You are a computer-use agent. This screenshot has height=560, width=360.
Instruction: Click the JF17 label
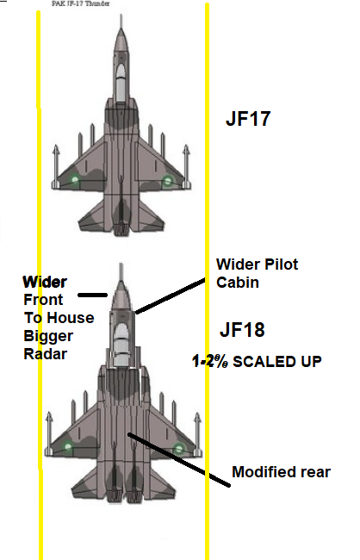click(248, 118)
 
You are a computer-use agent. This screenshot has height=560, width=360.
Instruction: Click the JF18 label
click(242, 329)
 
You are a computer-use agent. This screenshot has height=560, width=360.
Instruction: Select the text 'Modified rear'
click(281, 472)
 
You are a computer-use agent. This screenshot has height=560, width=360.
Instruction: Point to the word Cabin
click(238, 282)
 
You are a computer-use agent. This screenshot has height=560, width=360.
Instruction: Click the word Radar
click(46, 354)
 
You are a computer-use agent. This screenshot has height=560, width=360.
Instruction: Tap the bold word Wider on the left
click(45, 282)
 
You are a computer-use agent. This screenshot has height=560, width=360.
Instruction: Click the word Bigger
click(48, 336)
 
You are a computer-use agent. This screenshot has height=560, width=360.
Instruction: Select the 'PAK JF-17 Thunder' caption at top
click(81, 3)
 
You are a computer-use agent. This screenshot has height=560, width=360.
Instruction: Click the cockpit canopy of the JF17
click(121, 82)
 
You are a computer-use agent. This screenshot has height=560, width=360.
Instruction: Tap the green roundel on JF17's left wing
click(74, 180)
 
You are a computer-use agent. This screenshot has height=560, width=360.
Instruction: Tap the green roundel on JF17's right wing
click(167, 181)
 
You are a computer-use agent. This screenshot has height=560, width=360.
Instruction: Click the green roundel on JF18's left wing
click(68, 446)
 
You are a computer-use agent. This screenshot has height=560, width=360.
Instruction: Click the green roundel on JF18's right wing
click(179, 448)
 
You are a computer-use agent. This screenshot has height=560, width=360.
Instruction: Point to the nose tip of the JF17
click(121, 15)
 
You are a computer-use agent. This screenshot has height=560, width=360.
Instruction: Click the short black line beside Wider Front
click(92, 295)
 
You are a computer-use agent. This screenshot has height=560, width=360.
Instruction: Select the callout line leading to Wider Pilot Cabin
click(171, 296)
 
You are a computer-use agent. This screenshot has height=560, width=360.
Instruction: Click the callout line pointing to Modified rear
click(179, 460)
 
